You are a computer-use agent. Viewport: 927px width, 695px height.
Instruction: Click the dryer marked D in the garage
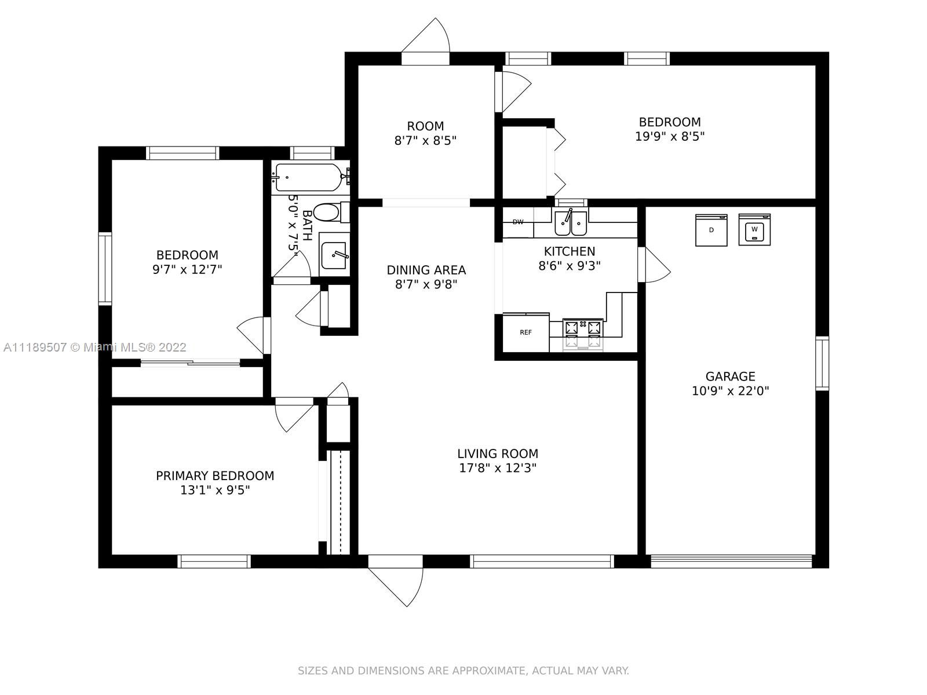tap(711, 230)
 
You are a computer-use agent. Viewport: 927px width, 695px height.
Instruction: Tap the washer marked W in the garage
tap(754, 229)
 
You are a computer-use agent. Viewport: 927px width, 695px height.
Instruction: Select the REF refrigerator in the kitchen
tap(526, 332)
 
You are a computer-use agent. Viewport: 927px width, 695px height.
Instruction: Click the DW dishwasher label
tap(518, 222)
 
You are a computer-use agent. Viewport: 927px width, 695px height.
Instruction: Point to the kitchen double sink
tap(571, 223)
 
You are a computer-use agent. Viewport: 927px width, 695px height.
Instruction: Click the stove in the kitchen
tap(583, 334)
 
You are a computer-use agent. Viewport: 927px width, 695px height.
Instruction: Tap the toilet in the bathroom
tap(332, 212)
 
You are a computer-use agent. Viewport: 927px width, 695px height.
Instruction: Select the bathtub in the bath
tap(312, 177)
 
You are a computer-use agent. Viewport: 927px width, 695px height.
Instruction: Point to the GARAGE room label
tap(730, 376)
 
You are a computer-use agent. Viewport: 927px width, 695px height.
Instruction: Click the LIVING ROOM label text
tap(498, 453)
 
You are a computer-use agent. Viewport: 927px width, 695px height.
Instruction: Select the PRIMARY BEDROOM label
tap(215, 475)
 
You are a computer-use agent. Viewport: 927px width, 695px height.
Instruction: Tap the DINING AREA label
tap(426, 270)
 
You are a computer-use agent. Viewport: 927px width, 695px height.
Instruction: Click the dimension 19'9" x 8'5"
tap(670, 136)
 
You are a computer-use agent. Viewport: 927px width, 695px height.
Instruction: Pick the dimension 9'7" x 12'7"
tap(187, 269)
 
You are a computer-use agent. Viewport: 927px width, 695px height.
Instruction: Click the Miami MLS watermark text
tap(95, 348)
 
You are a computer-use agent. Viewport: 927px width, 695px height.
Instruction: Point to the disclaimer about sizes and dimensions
tap(463, 671)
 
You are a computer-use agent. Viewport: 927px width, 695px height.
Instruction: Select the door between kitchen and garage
tap(654, 265)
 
